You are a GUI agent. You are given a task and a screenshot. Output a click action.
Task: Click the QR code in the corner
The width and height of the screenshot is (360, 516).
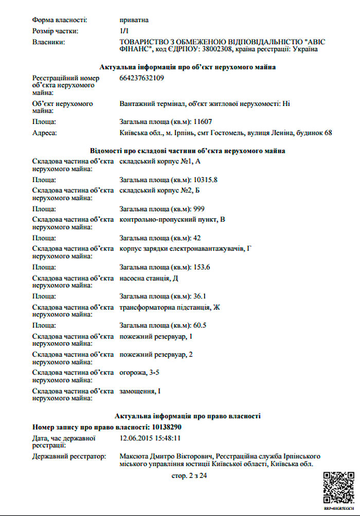[338, 486]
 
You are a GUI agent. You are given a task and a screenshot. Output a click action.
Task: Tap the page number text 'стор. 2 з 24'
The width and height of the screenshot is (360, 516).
[189, 476]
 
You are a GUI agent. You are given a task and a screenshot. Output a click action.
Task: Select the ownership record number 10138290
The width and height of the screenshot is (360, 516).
[165, 427]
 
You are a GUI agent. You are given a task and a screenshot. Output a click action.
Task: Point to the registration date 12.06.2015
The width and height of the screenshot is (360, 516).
[136, 438]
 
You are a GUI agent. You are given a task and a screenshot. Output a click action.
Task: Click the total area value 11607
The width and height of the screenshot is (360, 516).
[203, 122]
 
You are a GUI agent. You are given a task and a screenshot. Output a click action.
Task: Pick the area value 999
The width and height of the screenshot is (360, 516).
[199, 209]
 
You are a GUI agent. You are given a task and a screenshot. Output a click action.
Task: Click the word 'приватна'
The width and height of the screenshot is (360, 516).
[134, 20]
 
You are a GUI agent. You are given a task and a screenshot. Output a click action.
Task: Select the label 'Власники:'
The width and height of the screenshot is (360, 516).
[48, 42]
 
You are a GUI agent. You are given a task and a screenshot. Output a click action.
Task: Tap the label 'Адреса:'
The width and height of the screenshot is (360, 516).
[44, 133]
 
